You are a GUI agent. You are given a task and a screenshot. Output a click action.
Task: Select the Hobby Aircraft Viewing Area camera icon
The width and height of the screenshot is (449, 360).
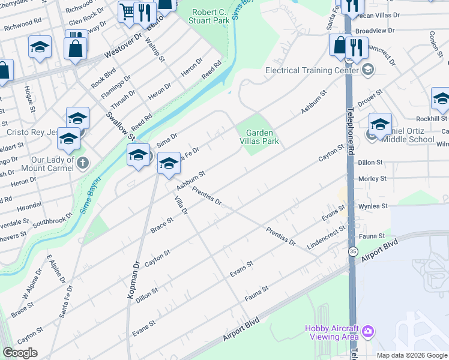[x=368, y=331]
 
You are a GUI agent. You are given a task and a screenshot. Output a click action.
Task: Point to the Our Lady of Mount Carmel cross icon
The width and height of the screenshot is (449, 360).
[x=83, y=162]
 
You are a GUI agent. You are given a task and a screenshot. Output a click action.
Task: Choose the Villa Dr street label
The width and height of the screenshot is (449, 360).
[x=181, y=205]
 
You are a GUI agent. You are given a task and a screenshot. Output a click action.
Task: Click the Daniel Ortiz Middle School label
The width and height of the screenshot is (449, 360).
[x=408, y=135]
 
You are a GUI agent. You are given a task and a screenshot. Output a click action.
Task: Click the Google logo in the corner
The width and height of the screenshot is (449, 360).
[x=20, y=353]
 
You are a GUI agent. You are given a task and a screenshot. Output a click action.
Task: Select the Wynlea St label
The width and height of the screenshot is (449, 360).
[x=373, y=206]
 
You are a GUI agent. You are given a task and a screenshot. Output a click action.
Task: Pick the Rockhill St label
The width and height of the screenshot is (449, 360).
[x=429, y=119]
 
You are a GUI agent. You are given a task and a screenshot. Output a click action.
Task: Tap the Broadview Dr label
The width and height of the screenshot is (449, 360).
[x=375, y=30]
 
